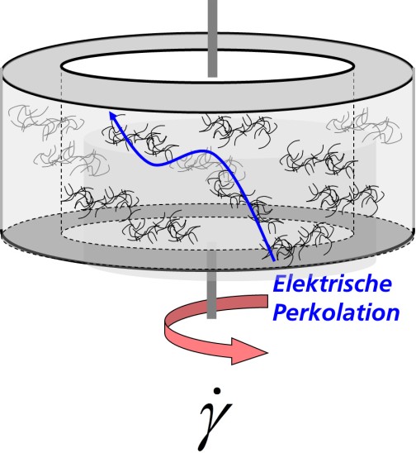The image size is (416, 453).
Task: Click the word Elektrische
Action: (x=333, y=284)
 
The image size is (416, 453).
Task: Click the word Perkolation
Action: (x=336, y=312)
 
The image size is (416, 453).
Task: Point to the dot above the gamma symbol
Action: (x=218, y=391)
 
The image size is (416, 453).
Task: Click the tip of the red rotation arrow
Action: (x=268, y=352)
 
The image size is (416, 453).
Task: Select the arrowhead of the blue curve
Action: (x=113, y=117)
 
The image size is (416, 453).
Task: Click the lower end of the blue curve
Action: (x=273, y=261)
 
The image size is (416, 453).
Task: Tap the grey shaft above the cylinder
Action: (x=213, y=37)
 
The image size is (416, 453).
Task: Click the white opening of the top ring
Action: (x=207, y=66)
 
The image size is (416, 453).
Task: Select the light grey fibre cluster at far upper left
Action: (x=46, y=122)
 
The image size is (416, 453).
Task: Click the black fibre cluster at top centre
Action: (x=239, y=129)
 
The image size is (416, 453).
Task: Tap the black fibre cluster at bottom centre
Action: (x=161, y=226)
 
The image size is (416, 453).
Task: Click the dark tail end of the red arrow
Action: (x=266, y=302)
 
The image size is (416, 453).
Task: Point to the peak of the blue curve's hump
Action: (x=203, y=150)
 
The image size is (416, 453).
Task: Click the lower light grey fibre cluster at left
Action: (x=72, y=160)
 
